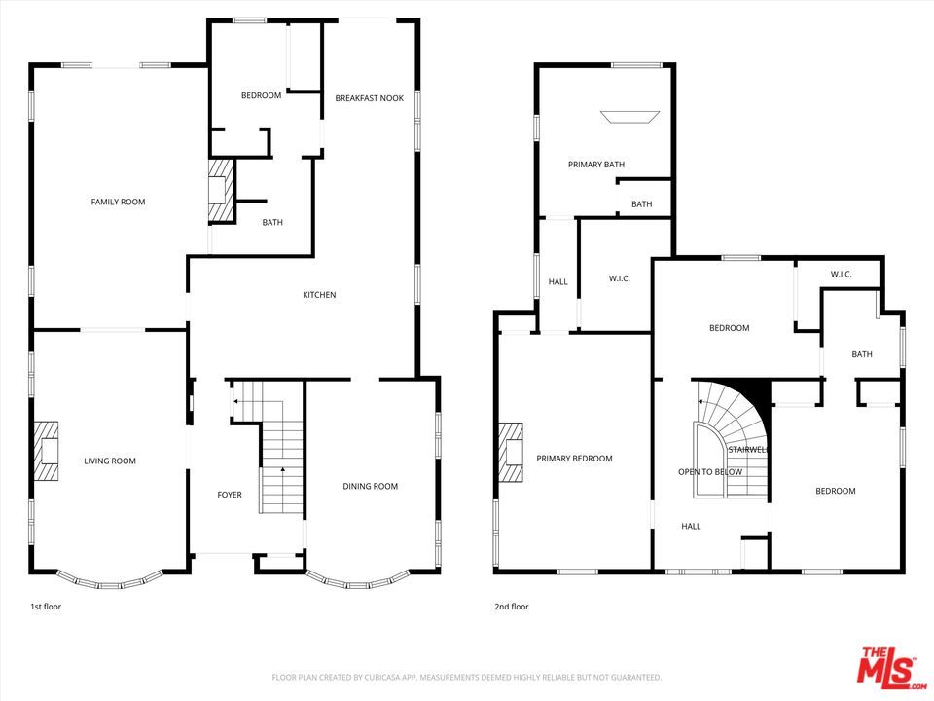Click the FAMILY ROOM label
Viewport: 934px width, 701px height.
[x=118, y=202]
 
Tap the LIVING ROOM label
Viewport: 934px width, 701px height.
[x=110, y=461]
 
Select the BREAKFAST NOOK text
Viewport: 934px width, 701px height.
[x=369, y=98]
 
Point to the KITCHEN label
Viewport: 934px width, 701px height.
[x=319, y=295]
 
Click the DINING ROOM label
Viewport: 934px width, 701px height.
[x=370, y=487]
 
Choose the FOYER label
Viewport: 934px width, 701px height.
[x=229, y=496]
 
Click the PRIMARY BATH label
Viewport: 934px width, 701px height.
[x=596, y=165]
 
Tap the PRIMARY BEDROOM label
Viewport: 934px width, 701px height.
[x=574, y=459]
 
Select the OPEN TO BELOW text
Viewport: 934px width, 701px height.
[x=710, y=472]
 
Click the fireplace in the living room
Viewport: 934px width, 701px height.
[x=48, y=451]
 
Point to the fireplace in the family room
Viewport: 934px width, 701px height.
[x=221, y=191]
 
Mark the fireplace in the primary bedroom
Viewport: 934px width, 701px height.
[x=511, y=453]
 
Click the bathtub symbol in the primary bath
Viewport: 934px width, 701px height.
[x=629, y=117]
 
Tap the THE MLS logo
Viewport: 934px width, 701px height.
[x=886, y=668]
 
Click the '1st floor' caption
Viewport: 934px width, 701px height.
[x=46, y=607]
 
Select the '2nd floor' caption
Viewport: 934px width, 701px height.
[x=512, y=607]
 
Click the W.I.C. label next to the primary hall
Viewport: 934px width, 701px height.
[x=620, y=279]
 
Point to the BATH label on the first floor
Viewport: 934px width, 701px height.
[x=272, y=223]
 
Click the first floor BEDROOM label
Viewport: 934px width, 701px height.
[x=261, y=95]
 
